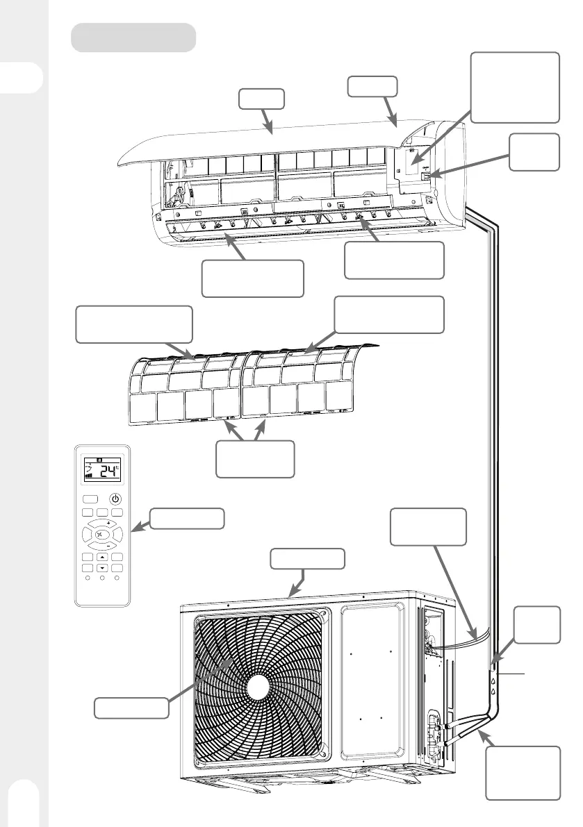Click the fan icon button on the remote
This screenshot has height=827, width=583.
[102, 535]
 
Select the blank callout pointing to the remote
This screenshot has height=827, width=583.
[188, 519]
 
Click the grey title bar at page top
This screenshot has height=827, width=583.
[133, 37]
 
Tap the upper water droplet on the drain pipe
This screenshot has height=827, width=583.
[493, 682]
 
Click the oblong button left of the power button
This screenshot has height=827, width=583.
[90, 499]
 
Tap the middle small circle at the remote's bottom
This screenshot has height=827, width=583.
[102, 577]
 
